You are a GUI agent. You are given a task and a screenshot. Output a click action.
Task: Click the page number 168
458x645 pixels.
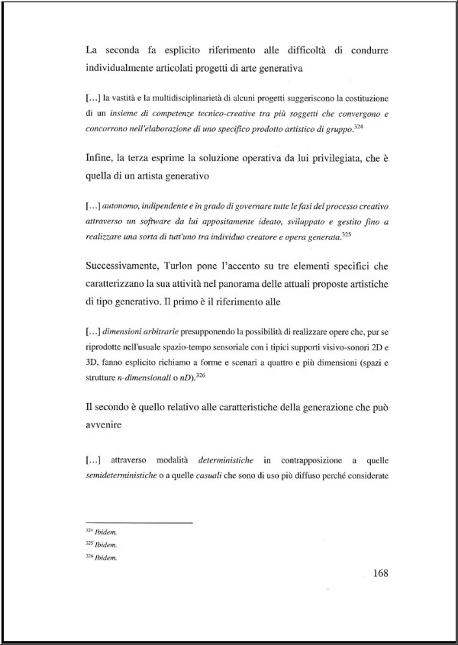(x=380, y=573)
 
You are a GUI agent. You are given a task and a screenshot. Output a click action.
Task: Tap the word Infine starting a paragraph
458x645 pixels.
(x=99, y=158)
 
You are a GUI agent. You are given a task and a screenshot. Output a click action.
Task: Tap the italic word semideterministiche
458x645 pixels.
(x=121, y=476)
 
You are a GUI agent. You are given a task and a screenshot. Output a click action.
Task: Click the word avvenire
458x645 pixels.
(x=103, y=425)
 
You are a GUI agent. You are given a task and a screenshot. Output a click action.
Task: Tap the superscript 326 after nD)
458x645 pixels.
(x=201, y=375)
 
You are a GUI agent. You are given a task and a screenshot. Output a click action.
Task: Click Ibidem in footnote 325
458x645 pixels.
(x=106, y=545)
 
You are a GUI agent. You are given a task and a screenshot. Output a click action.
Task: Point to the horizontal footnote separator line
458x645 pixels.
(x=139, y=522)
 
